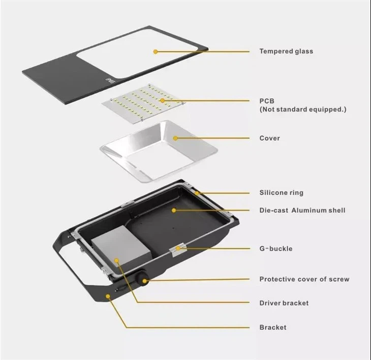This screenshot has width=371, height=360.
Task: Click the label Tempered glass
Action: click(286, 51)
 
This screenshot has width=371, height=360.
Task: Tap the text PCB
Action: click(266, 101)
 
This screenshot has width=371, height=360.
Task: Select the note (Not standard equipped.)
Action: click(303, 109)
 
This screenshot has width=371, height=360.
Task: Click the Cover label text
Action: click(269, 138)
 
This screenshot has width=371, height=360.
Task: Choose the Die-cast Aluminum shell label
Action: click(302, 210)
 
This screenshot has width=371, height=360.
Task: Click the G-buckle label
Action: click(275, 249)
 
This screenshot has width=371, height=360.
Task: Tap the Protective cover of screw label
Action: click(304, 279)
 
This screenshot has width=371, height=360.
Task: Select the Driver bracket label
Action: click(284, 303)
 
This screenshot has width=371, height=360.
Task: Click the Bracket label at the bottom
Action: click(273, 327)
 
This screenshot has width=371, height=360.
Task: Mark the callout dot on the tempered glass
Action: click(156, 51)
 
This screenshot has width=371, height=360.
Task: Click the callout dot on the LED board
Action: click(162, 101)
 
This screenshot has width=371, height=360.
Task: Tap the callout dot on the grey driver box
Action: click(116, 261)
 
